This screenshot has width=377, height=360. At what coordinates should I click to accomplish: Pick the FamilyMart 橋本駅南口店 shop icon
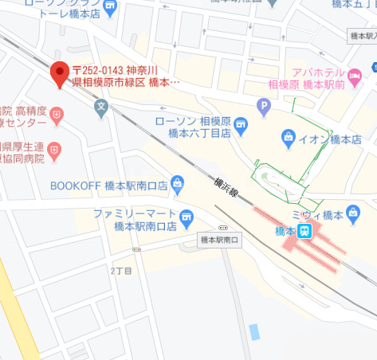point(187,215)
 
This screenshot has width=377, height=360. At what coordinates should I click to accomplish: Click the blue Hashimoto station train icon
point(304,231)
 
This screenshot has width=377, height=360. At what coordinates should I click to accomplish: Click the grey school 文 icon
point(100,105)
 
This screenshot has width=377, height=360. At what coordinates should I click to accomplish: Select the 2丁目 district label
point(122,271)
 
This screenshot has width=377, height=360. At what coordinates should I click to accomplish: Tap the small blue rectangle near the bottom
point(254,331)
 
